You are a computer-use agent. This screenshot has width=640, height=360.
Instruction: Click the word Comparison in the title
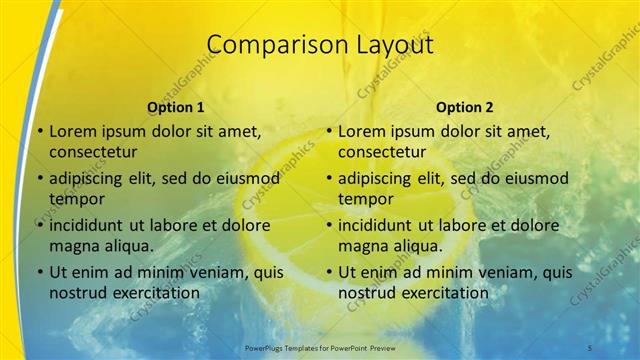click(266, 45)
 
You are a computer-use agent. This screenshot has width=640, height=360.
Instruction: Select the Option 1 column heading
click(175, 106)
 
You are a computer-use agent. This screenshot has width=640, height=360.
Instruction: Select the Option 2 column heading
click(464, 106)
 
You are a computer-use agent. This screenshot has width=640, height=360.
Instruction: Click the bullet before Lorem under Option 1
click(38, 132)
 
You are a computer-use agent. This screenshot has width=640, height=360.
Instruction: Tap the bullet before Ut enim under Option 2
click(327, 272)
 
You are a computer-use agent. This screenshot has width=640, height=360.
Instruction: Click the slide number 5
click(591, 346)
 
